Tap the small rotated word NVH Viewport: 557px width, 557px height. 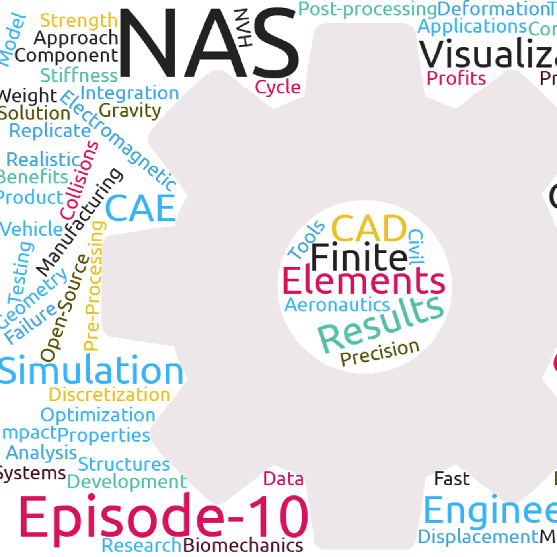[x=243, y=28]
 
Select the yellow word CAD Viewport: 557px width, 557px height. [x=368, y=229]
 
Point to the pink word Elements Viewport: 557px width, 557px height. [x=364, y=281]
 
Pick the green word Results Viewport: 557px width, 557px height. [x=380, y=324]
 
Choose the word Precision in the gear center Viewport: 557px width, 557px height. [x=380, y=353]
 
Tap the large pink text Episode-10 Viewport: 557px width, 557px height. [x=163, y=517]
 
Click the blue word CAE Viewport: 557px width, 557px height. [x=140, y=208]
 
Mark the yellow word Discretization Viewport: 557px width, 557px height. [x=109, y=395]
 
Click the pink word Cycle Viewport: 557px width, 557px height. [x=277, y=87]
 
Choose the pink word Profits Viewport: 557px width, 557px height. [x=456, y=78]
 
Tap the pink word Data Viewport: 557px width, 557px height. [x=283, y=479]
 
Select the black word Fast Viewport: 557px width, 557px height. [x=452, y=479]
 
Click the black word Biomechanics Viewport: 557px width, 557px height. [x=243, y=545]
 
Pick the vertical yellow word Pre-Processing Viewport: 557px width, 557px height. [x=94, y=286]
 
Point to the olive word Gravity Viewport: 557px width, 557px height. [x=130, y=111]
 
